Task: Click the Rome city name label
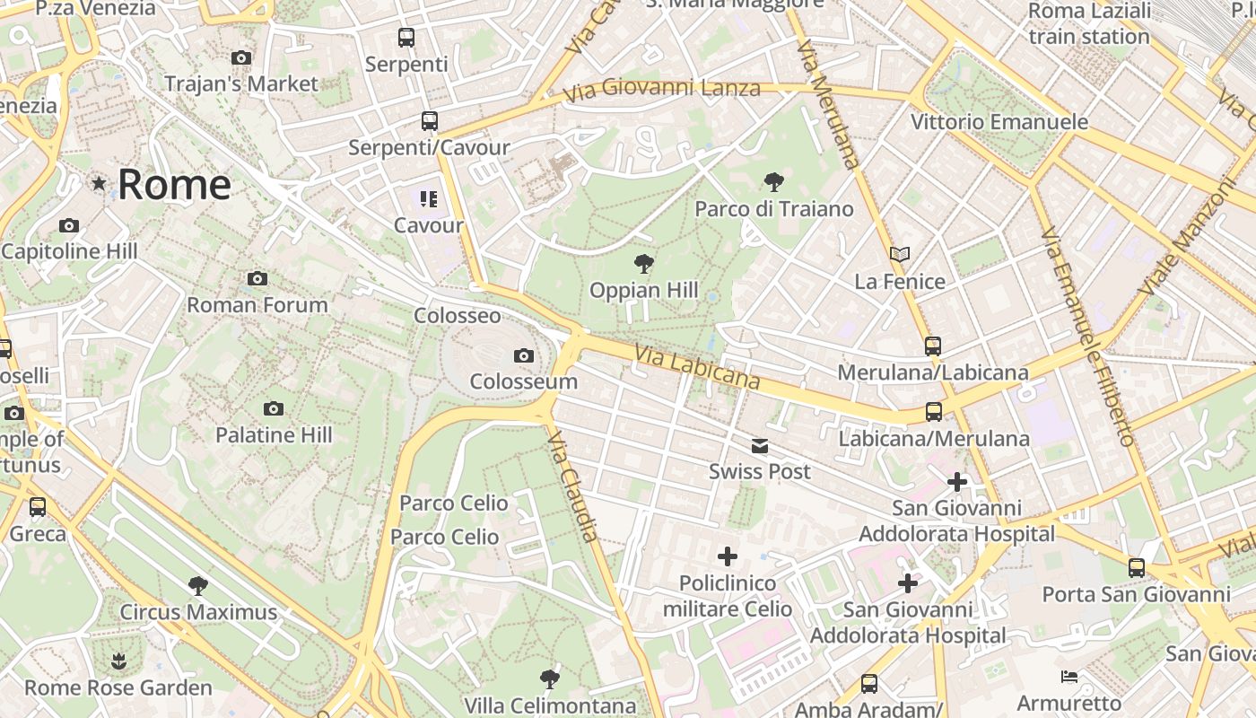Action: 174,185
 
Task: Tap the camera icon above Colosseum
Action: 524,356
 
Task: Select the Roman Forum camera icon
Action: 257,279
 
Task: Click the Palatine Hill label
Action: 274,435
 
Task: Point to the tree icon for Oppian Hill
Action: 643,264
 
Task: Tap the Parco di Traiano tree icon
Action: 773,183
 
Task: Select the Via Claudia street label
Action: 572,486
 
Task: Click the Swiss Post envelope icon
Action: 760,446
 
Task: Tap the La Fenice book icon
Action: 900,255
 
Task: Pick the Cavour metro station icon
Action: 429,199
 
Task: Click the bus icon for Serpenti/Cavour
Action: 430,121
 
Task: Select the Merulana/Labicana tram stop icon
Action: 933,346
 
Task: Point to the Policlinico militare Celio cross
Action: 728,557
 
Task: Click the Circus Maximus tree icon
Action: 198,586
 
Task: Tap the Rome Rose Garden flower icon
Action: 118,662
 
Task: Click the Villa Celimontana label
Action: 550,705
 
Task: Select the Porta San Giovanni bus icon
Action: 1137,568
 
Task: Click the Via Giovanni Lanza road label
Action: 662,89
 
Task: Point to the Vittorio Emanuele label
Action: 999,122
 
